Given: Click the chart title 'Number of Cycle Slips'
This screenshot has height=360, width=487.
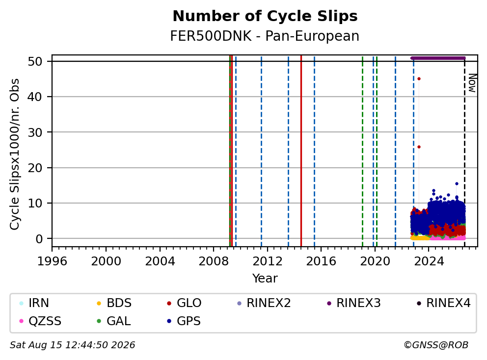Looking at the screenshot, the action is (x=265, y=16).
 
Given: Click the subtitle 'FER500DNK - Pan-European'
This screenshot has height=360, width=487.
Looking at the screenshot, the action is (x=265, y=36).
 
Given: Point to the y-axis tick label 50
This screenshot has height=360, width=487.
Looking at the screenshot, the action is (x=35, y=61).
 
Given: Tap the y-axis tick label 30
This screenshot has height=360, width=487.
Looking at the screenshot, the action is (x=35, y=132).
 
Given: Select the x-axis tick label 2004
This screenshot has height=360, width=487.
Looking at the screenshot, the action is (x=160, y=261).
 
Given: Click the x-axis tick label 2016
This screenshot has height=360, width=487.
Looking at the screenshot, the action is (x=321, y=261).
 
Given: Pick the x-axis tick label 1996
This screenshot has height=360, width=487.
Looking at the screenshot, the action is (x=52, y=261).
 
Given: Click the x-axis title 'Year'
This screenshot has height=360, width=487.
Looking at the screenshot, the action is (x=265, y=279).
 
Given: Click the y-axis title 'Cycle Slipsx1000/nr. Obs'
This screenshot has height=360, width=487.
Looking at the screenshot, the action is (x=14, y=154).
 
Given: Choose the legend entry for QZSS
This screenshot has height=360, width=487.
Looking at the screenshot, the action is (x=40, y=321).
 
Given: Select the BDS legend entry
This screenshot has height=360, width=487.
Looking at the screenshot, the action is (x=114, y=303).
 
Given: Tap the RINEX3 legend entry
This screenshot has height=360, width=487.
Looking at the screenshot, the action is (x=354, y=303).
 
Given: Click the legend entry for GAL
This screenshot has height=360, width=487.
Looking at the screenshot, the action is (x=114, y=321).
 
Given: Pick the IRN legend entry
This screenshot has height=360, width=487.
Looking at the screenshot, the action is (x=34, y=303).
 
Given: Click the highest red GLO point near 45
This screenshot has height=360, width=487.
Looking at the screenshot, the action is (x=419, y=79).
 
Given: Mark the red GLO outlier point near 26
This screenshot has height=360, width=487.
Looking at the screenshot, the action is (x=419, y=147).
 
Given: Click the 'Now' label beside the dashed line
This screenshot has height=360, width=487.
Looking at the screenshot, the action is (x=472, y=83).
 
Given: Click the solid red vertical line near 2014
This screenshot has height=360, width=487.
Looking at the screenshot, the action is (x=301, y=151).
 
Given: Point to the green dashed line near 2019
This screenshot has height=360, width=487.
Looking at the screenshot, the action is (x=362, y=151).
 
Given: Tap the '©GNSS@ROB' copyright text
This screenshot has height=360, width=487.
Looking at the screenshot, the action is (x=436, y=345).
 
